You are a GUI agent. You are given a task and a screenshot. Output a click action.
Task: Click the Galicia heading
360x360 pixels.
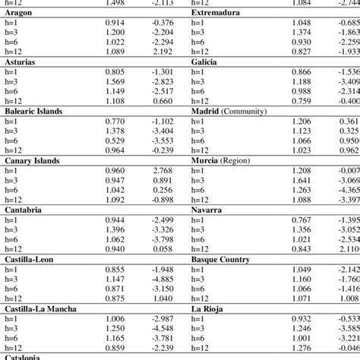(207, 61)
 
